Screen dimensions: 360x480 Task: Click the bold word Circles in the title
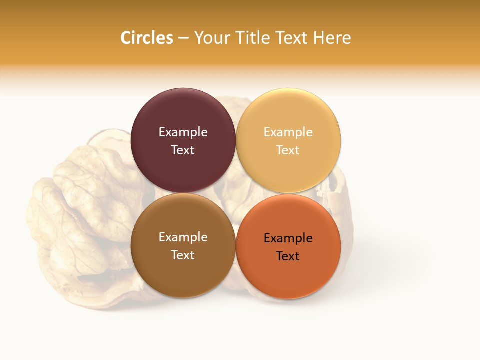tap(146, 38)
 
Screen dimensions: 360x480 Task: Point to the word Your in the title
tap(211, 38)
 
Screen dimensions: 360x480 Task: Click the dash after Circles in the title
tap(183, 38)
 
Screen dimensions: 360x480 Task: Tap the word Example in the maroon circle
tap(183, 132)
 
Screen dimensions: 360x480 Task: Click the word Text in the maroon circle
tap(183, 150)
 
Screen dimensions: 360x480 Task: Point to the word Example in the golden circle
tap(288, 132)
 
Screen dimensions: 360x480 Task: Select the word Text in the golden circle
tap(288, 150)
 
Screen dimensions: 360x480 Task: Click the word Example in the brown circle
tap(183, 237)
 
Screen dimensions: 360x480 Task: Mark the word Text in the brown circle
tap(183, 255)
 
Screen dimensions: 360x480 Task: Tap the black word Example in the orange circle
tap(288, 238)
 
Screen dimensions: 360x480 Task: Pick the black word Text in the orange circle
tap(288, 256)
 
